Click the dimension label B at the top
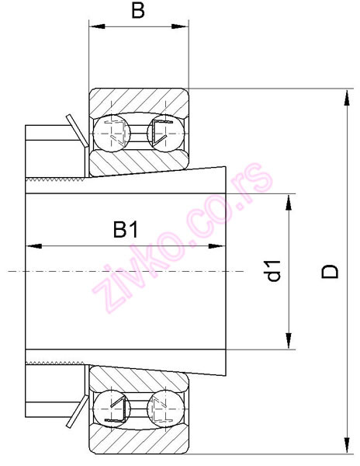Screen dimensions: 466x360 point(137,11)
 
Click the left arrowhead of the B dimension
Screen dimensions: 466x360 point(95,29)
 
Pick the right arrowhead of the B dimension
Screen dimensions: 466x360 point(183,29)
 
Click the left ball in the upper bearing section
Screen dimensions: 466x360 point(111,132)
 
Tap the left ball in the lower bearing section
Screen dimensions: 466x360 point(111,408)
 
